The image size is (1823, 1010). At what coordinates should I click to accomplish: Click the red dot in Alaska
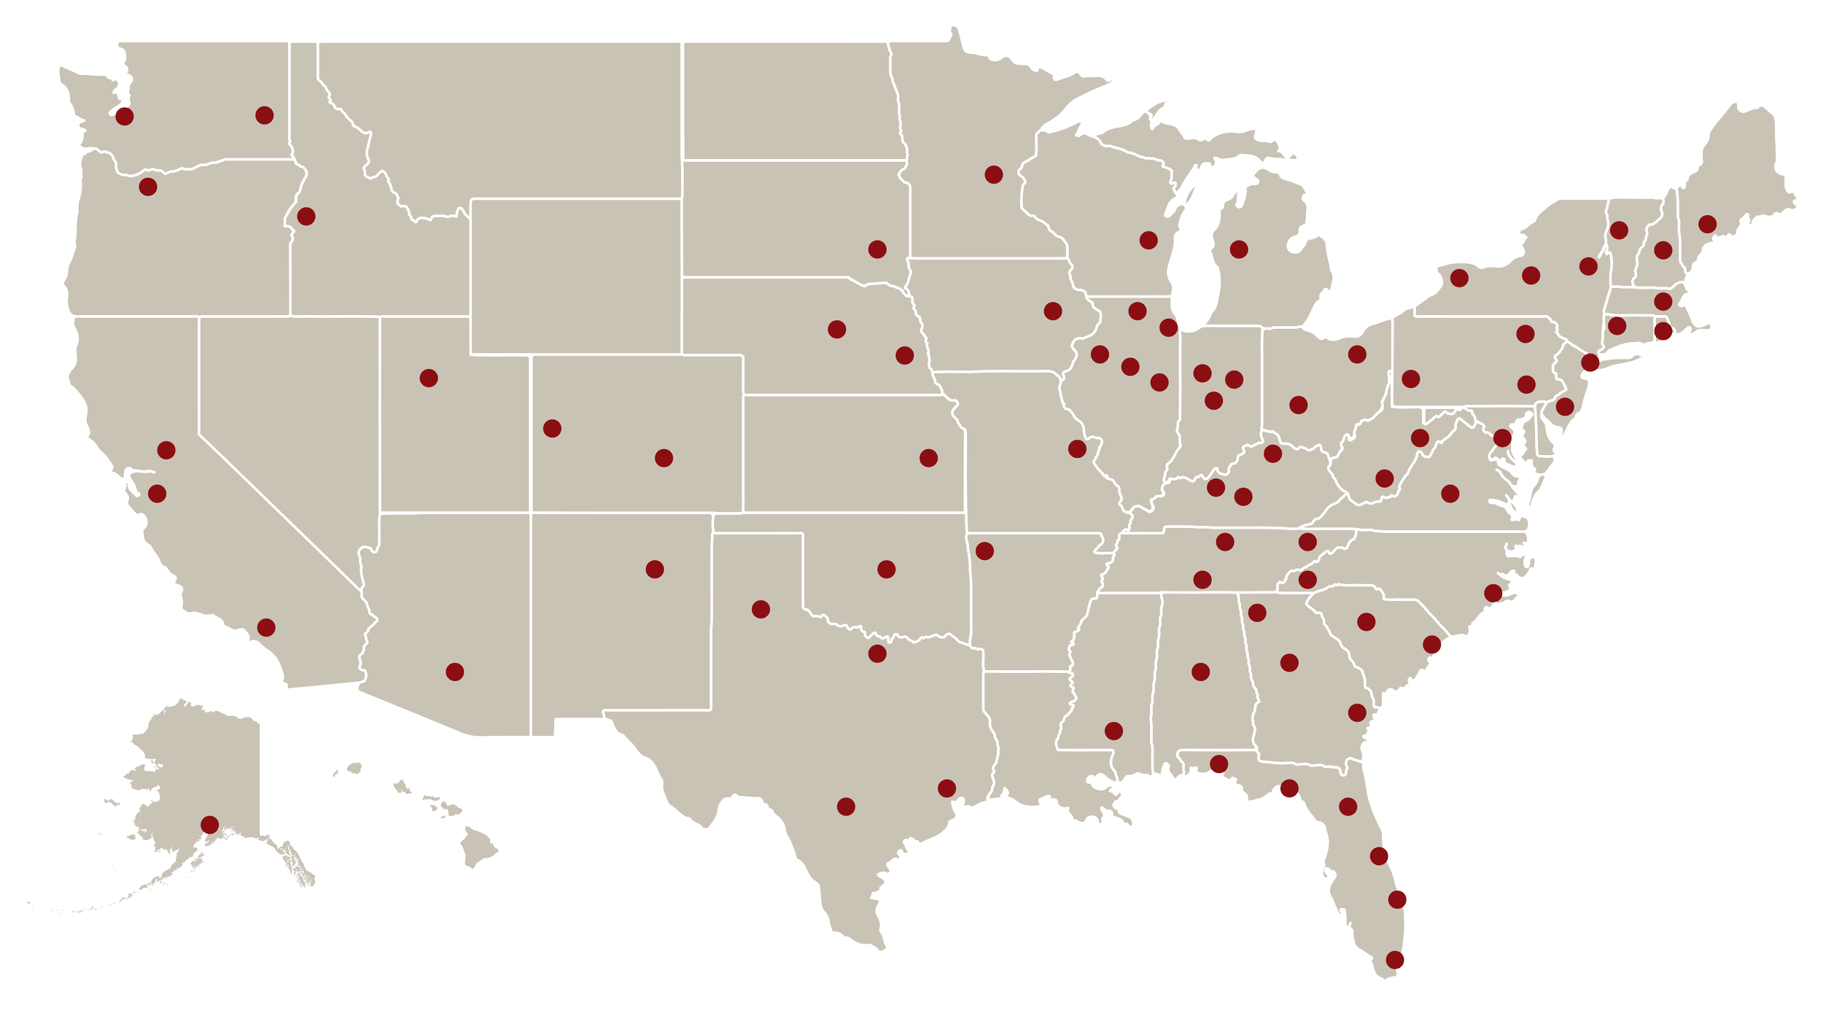(x=209, y=825)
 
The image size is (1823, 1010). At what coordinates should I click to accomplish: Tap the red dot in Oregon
(x=148, y=187)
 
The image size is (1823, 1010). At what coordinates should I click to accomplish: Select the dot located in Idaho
(x=306, y=216)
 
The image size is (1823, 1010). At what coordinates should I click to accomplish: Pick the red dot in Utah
(x=429, y=378)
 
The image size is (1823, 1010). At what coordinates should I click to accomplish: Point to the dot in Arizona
(x=454, y=672)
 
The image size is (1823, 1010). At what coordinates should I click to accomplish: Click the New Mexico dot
(x=655, y=569)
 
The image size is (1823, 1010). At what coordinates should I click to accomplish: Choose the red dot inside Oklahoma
(x=886, y=569)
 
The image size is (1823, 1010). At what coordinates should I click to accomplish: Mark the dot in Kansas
(x=928, y=458)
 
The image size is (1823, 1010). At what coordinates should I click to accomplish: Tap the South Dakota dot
(x=877, y=249)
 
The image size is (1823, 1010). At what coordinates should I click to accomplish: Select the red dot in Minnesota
(x=993, y=174)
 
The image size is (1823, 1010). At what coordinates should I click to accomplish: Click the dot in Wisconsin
(x=1148, y=240)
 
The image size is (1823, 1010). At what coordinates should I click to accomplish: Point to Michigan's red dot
(x=1239, y=249)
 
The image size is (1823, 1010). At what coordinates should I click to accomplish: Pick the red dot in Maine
(x=1707, y=223)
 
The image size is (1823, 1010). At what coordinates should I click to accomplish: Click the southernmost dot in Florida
(x=1395, y=960)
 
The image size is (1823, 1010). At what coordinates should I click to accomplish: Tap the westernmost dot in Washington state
(x=125, y=116)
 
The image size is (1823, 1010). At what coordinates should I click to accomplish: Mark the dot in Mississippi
(x=1113, y=731)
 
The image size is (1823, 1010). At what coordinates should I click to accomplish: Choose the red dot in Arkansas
(x=984, y=551)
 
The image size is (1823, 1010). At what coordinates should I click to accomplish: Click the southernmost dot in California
(x=266, y=627)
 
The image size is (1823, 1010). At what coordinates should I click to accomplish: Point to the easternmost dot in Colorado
(x=664, y=458)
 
